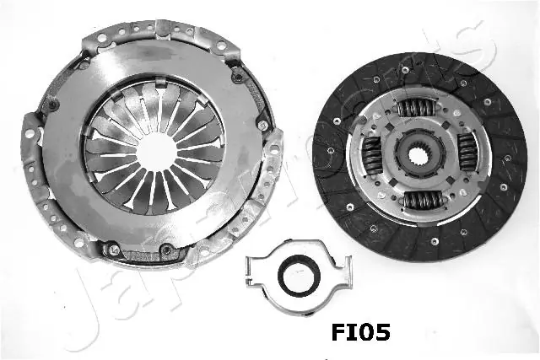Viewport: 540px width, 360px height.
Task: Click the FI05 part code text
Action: [360, 332]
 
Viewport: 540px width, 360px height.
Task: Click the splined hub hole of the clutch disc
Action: [418, 156]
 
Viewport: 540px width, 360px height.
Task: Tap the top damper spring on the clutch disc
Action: [416, 108]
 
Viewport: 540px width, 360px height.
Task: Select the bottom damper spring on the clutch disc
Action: [422, 200]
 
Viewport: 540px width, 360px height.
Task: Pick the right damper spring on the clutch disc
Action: [466, 152]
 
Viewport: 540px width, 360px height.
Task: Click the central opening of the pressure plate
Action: [156, 152]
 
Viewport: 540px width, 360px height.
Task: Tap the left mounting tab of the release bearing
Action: [252, 271]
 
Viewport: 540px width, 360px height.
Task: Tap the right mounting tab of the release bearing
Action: [344, 272]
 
